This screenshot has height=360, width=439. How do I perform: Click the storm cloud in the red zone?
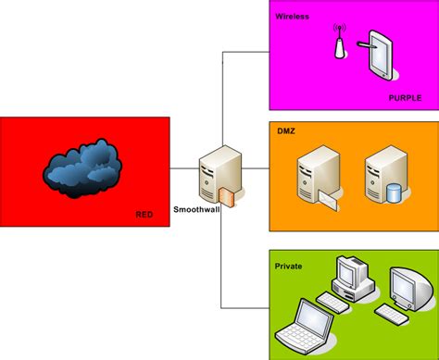(x=83, y=166)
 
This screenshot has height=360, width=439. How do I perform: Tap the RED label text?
(x=144, y=216)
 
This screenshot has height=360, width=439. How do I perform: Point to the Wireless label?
(x=291, y=16)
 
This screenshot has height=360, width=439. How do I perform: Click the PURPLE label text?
(x=405, y=97)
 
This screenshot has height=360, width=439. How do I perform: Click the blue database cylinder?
(x=394, y=192)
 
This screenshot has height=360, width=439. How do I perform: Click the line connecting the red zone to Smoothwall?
(x=185, y=168)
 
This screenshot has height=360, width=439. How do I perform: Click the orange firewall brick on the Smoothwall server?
(x=228, y=197)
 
